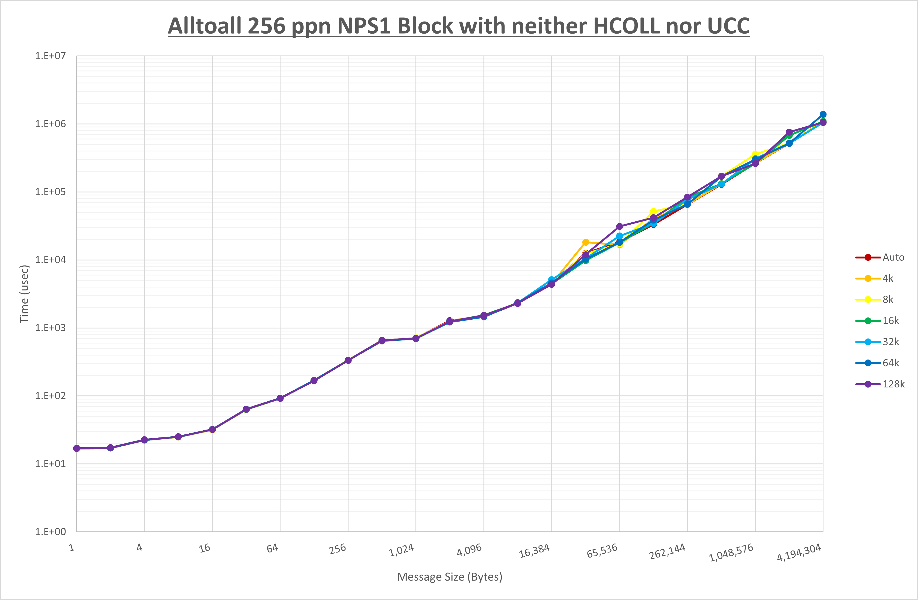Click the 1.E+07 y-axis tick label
(51, 56)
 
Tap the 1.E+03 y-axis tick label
(51, 328)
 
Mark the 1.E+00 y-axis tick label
(51, 532)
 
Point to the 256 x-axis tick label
(338, 549)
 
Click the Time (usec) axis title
(24, 294)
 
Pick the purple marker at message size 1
(77, 448)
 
